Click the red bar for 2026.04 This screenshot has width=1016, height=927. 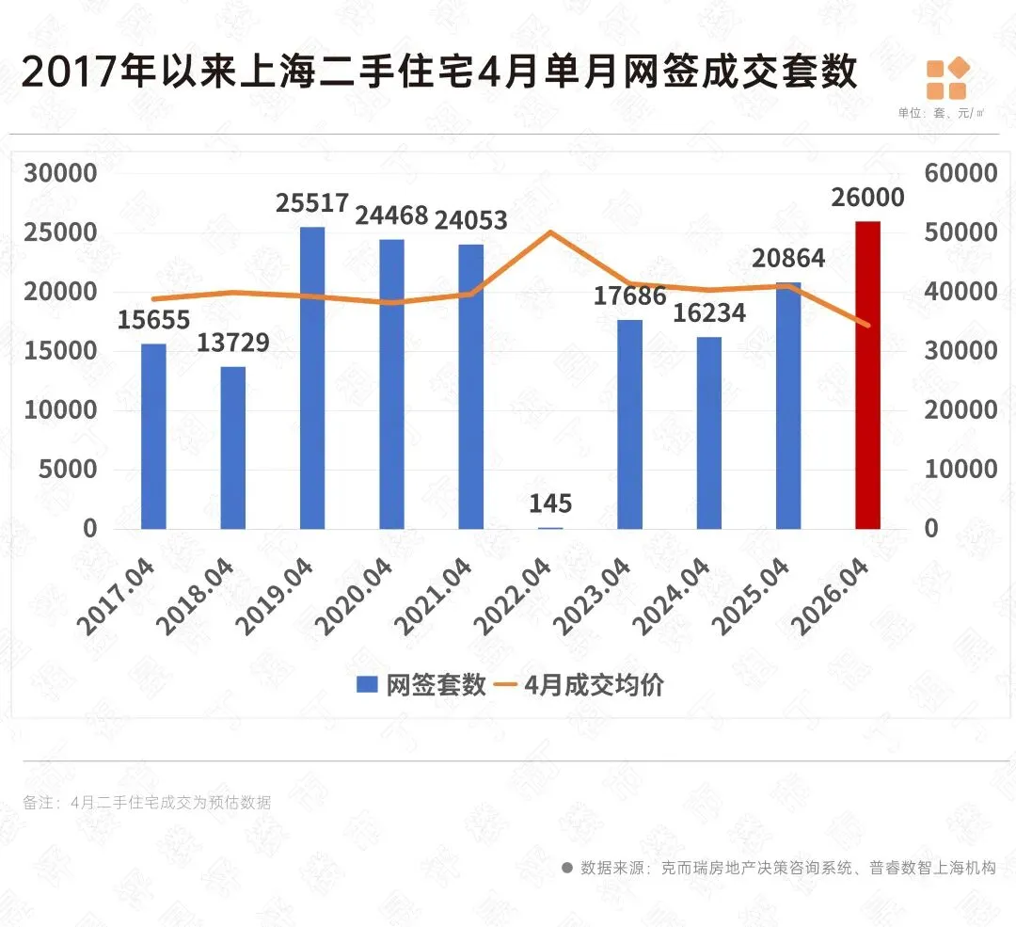tap(867, 376)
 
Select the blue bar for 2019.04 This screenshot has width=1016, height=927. tap(312, 378)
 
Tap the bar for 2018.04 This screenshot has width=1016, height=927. tap(232, 448)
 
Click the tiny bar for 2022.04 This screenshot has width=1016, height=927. tap(550, 528)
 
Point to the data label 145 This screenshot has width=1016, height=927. tap(550, 503)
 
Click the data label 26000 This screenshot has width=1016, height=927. tap(867, 197)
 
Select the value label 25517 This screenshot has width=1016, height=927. tap(312, 203)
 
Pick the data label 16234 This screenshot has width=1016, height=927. tap(709, 313)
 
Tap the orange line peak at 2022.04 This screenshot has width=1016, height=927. tap(550, 232)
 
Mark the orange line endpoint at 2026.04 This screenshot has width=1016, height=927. tap(867, 325)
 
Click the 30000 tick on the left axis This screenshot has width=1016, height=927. tap(60, 173)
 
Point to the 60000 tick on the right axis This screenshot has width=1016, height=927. tap(960, 173)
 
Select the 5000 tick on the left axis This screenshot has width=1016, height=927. tap(68, 470)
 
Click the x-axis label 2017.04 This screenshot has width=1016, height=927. tap(117, 596)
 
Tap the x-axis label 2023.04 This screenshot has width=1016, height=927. tap(593, 596)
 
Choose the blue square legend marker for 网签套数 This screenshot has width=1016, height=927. tap(368, 684)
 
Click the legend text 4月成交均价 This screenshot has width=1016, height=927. tap(595, 684)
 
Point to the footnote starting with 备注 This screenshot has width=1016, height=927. tap(147, 803)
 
